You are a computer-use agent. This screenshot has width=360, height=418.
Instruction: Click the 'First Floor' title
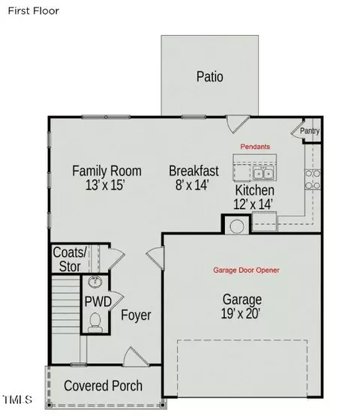pyautogui.click(x=34, y=11)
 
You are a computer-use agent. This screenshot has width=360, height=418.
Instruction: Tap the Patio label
pyautogui.click(x=210, y=76)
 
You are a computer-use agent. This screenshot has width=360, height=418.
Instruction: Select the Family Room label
pyautogui.click(x=106, y=171)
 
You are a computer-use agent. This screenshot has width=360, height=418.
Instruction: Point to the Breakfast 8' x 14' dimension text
pyautogui.click(x=191, y=185)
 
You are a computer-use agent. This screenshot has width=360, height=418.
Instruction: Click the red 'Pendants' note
pyautogui.click(x=255, y=146)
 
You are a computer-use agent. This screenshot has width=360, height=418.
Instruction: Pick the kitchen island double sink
pyautogui.click(x=263, y=174)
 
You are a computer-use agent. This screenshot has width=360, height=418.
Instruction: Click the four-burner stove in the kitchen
pyautogui.click(x=313, y=179)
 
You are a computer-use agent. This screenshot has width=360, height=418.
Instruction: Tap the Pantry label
pyautogui.click(x=310, y=130)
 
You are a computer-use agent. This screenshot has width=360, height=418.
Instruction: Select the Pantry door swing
pyautogui.click(x=297, y=130)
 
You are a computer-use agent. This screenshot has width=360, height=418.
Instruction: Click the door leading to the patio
pyautogui.click(x=238, y=124)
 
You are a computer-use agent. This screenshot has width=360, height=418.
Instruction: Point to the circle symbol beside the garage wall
pyautogui.click(x=237, y=226)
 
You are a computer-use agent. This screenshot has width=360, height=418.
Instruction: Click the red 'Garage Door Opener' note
pyautogui.click(x=246, y=270)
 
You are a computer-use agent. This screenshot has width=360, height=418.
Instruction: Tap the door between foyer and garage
pyautogui.click(x=155, y=258)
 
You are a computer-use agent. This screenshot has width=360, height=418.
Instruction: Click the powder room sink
pyautogui.click(x=95, y=282)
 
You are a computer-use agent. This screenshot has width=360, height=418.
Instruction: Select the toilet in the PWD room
pyautogui.click(x=95, y=322)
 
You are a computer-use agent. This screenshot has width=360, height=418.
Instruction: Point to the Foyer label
pyautogui.click(x=136, y=315)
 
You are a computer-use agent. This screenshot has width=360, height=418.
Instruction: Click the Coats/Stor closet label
pyautogui.click(x=70, y=259)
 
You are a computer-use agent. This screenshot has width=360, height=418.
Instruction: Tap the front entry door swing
pyautogui.click(x=136, y=357)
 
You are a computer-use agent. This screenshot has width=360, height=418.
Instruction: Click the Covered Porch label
pyautogui.click(x=103, y=386)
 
